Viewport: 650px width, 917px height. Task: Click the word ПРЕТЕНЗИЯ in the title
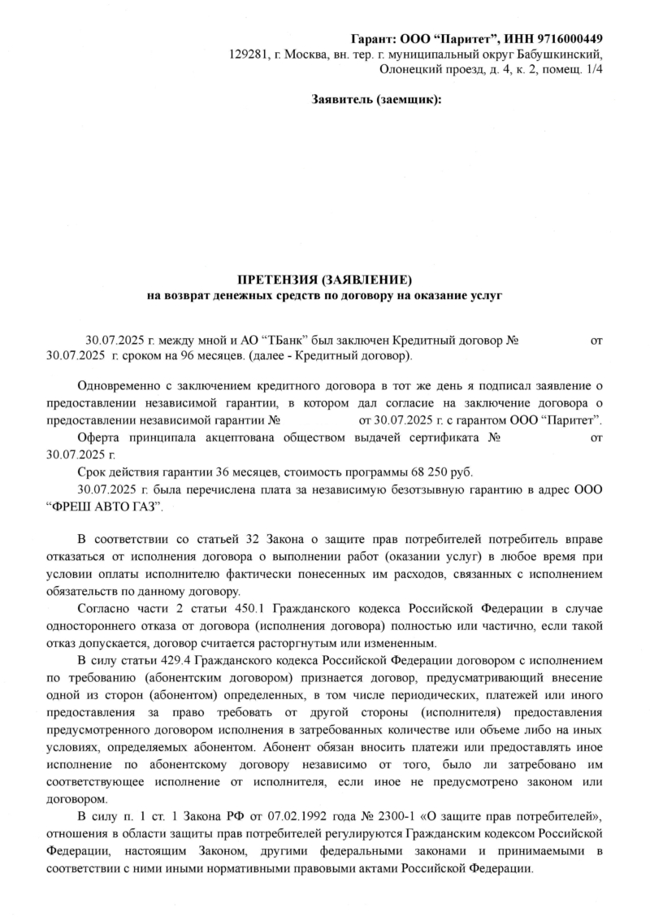pyautogui.click(x=278, y=280)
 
